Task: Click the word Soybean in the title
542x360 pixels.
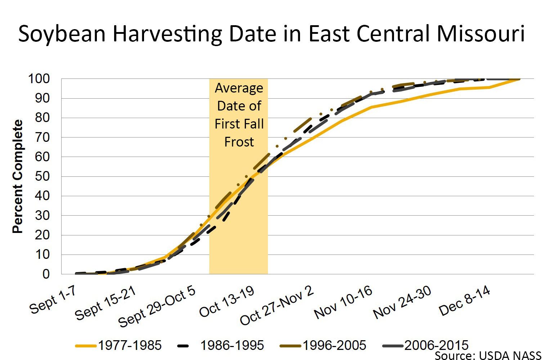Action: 62,34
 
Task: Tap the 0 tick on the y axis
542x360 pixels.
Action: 46,274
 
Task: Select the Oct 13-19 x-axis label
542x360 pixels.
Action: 227,303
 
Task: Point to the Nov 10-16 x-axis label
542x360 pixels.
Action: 343,303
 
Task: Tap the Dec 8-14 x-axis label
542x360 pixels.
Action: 465,301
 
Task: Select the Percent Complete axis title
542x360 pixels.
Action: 17,176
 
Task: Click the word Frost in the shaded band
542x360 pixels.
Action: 239,142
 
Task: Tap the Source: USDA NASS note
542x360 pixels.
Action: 488,356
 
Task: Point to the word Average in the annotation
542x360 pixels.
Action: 239,88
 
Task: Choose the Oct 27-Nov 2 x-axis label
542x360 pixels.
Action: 277,306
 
